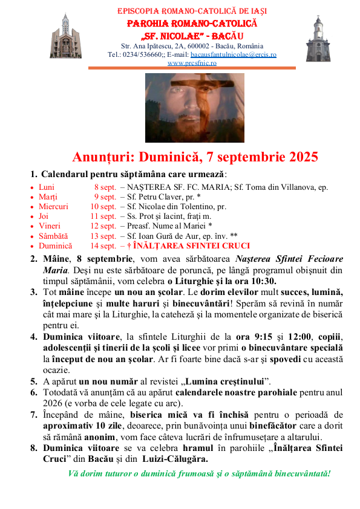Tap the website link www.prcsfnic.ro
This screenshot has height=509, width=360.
192,63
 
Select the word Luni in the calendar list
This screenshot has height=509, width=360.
47,187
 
